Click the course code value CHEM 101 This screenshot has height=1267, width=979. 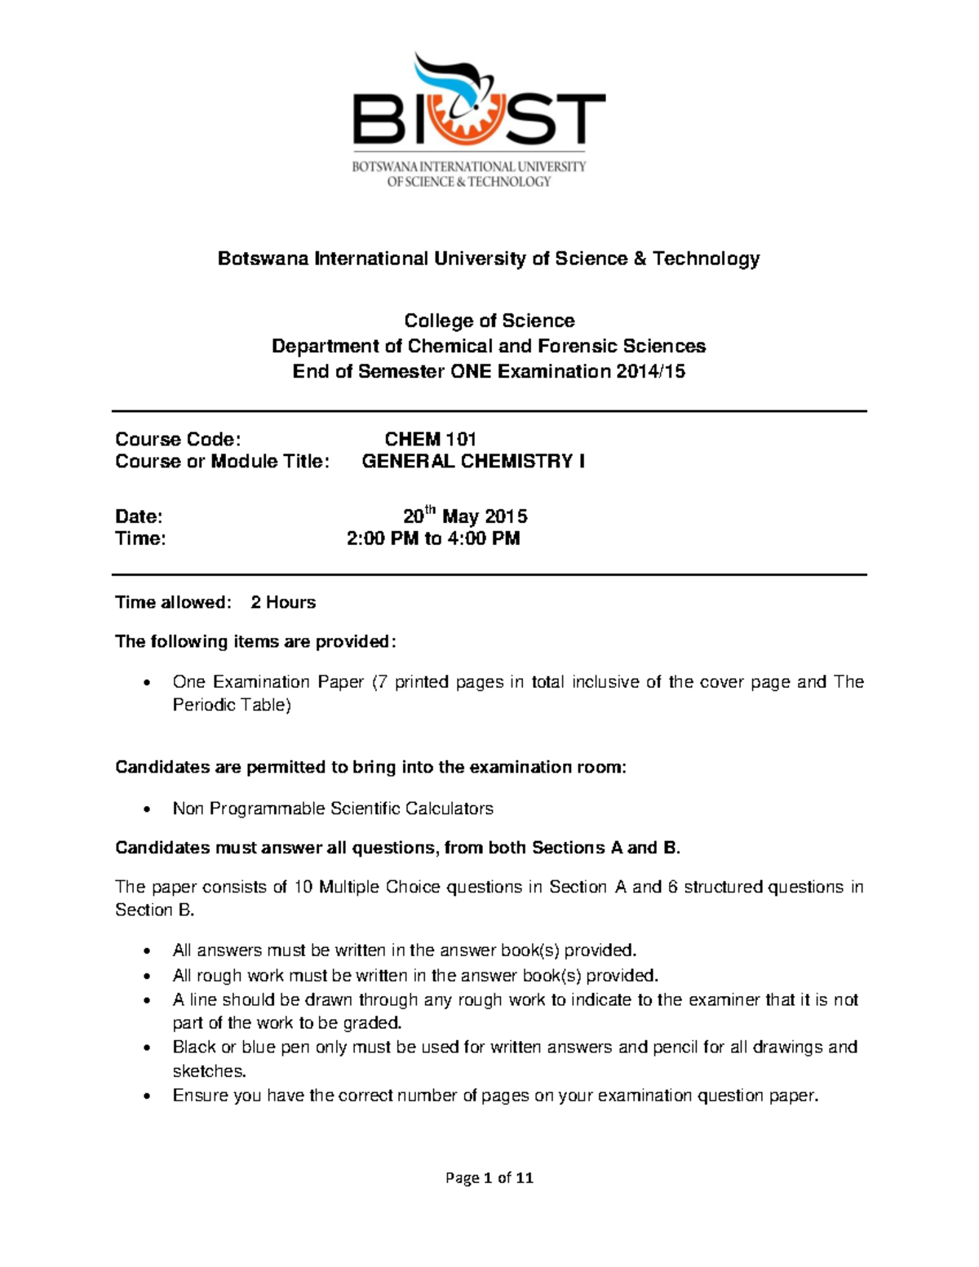pos(430,439)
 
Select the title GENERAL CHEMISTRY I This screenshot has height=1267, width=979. pos(472,461)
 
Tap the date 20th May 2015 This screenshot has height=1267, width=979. pos(465,516)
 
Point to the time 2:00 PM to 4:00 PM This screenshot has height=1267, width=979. pos(433,538)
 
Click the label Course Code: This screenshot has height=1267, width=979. pos(178,439)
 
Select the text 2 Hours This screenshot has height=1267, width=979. pos(283,602)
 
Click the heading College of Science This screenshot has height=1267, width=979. pos(489,321)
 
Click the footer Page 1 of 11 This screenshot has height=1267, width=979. pos(489,1177)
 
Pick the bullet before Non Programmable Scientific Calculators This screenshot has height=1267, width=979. pos(147,809)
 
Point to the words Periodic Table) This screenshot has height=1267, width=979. pos(232,705)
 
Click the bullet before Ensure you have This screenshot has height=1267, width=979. pos(147,1096)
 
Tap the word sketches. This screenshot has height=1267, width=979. pos(209,1070)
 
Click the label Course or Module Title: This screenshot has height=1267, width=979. pos(222,461)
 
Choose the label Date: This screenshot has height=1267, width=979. pos(139,516)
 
